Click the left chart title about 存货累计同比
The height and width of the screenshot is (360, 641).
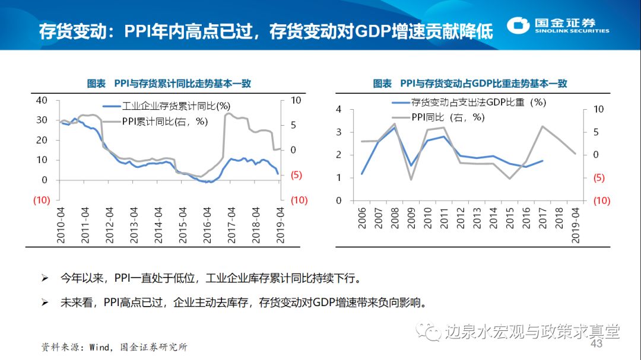click(169, 84)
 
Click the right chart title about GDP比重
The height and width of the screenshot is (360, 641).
click(470, 84)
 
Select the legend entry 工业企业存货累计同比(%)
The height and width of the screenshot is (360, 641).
click(176, 107)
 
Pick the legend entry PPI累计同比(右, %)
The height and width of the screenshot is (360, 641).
click(164, 121)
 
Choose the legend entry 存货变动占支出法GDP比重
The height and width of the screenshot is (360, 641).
click(478, 102)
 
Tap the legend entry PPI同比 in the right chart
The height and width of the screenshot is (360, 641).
click(448, 117)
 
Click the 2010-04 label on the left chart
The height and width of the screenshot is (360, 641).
click(61, 225)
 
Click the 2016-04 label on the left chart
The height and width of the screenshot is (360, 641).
click(208, 225)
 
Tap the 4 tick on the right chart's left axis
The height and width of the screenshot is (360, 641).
click(338, 109)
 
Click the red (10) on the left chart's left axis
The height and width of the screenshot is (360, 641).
click(41, 200)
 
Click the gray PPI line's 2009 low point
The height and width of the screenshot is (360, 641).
click(411, 179)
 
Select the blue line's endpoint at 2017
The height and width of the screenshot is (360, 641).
click(542, 161)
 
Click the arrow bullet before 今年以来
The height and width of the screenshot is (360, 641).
click(44, 278)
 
